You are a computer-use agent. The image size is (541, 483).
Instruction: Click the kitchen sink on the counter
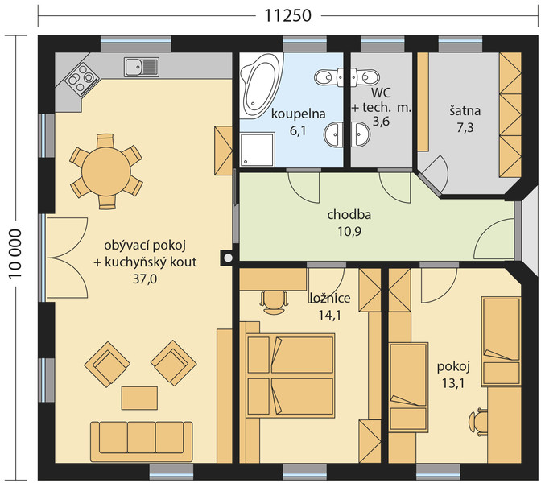(x=142, y=67)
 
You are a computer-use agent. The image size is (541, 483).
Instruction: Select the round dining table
(x=106, y=171)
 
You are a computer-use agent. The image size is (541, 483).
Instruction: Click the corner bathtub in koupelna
(x=261, y=85)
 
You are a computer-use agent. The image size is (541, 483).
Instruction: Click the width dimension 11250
(x=287, y=15)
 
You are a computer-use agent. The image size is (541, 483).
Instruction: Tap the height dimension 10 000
(x=15, y=254)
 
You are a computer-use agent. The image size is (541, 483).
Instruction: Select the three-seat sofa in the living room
(x=142, y=441)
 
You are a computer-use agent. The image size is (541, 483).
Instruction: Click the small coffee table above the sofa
(x=139, y=398)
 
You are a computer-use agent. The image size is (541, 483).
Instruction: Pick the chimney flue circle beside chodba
(x=228, y=258)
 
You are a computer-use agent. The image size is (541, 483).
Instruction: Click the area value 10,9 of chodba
(x=349, y=231)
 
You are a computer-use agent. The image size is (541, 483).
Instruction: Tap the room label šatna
(x=465, y=111)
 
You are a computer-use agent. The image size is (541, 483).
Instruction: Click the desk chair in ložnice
(x=275, y=301)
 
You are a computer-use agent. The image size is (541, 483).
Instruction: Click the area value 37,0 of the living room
(x=145, y=279)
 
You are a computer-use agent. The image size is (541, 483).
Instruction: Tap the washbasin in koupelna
(x=333, y=134)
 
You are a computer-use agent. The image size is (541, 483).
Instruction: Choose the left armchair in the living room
(x=107, y=364)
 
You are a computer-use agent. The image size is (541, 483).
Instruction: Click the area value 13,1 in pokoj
(x=452, y=383)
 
